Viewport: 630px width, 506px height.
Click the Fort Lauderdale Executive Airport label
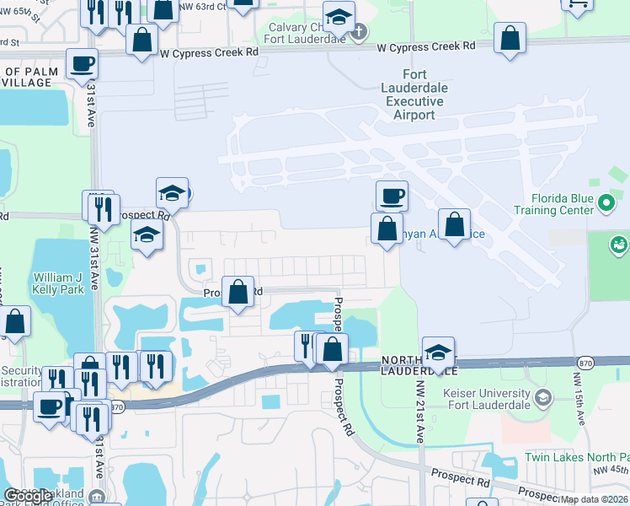coord(415,94)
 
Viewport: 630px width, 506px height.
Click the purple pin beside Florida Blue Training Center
coord(606,202)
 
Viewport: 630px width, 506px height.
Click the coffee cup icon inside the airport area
coord(392,196)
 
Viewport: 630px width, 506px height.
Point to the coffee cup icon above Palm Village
coord(82,64)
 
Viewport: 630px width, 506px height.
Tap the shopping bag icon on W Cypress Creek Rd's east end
coord(510,38)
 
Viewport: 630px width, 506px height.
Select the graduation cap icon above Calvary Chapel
coord(339,16)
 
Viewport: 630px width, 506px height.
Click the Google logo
coord(28,496)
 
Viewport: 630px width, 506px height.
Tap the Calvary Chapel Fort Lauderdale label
coord(304,33)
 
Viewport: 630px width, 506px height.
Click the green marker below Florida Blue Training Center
coord(619,245)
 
